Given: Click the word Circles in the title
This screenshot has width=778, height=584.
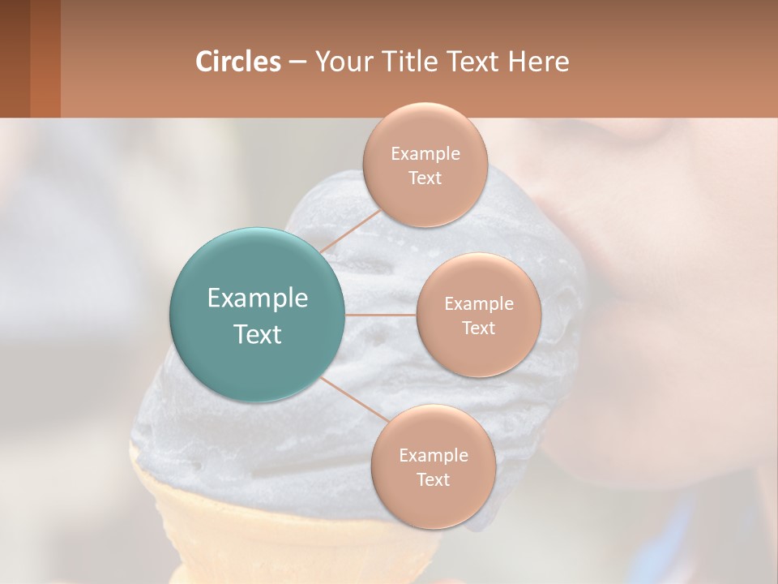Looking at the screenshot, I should [237, 62].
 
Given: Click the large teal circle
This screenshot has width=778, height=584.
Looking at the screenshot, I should [257, 315].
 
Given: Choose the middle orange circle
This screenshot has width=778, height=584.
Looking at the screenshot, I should [478, 315].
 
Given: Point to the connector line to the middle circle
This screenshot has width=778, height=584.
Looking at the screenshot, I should [380, 315].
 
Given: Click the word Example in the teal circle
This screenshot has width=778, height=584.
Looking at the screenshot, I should [257, 298].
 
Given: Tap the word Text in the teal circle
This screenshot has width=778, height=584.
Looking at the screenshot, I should [257, 334].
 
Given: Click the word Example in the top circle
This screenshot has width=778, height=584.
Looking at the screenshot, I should [425, 153].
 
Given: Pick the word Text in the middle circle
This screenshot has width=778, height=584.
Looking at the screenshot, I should [478, 328].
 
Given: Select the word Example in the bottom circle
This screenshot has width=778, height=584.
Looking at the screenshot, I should [433, 455].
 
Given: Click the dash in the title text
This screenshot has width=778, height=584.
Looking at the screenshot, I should [297, 62].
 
